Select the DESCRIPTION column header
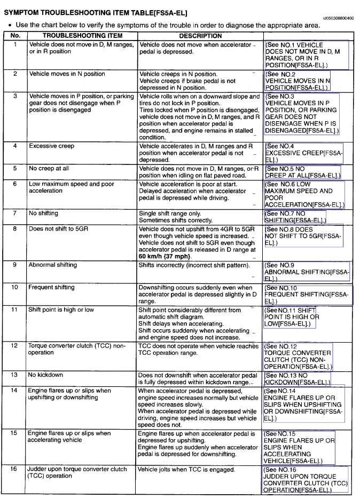[x=200, y=36]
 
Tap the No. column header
[x=15, y=36]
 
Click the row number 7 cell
[x=15, y=213]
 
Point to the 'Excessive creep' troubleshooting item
[x=51, y=146]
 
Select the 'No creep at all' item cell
[x=49, y=168]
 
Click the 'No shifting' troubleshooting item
[x=43, y=213]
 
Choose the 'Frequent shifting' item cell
[x=51, y=288]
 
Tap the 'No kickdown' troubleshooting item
[x=45, y=375]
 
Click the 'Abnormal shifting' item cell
[x=52, y=265]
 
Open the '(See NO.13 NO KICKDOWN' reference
[x=297, y=379]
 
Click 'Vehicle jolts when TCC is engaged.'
[x=186, y=470]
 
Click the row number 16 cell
[x=15, y=470]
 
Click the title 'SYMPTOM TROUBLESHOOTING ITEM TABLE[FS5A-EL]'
[x=95, y=12]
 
